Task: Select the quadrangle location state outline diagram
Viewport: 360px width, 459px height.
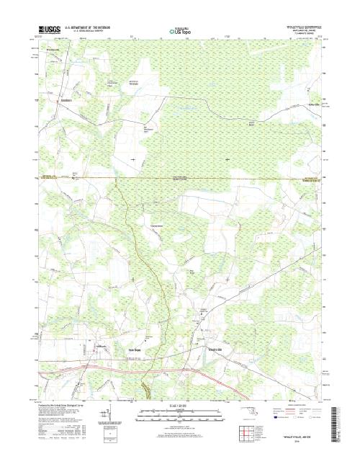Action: pos(248,411)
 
